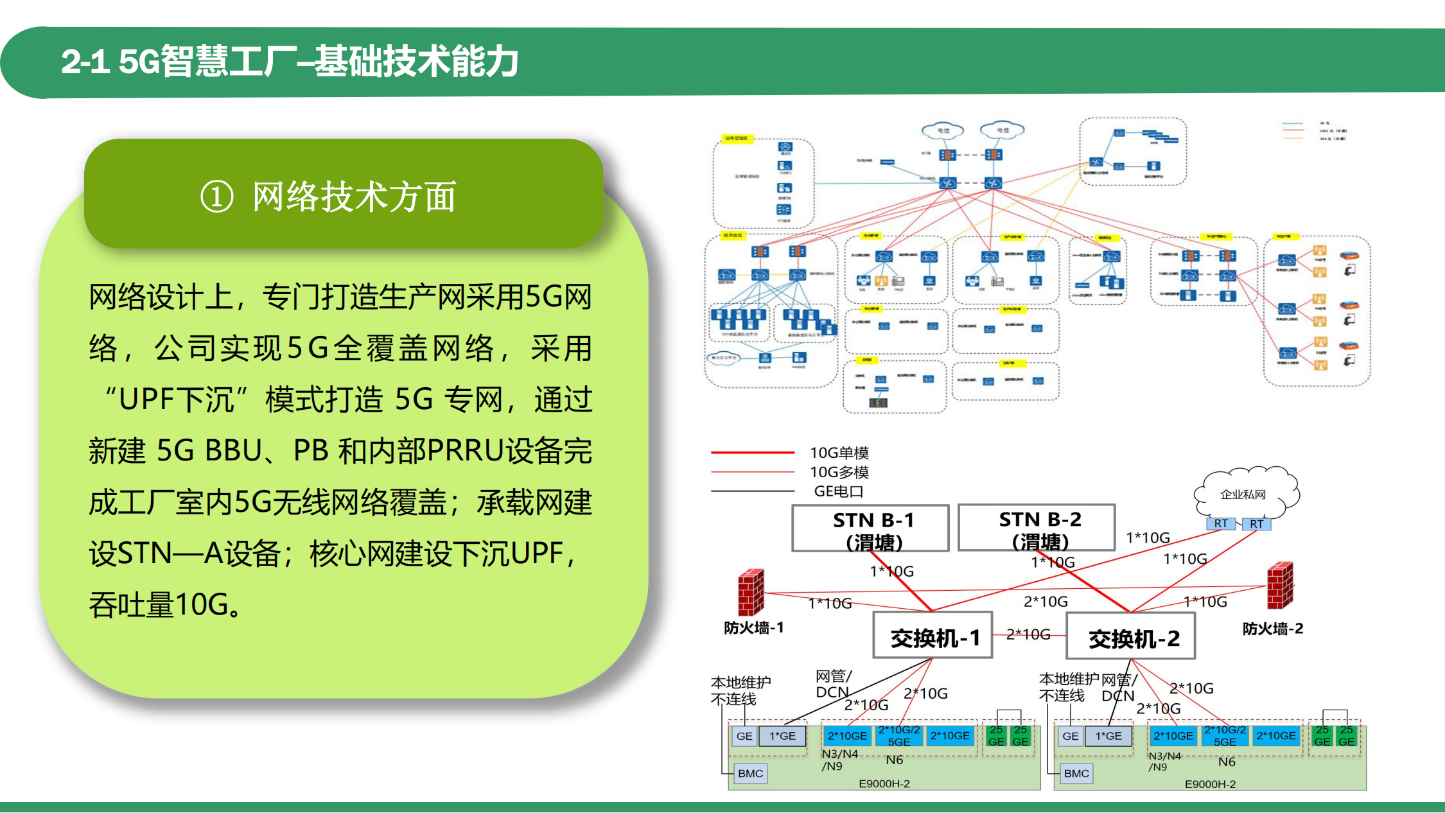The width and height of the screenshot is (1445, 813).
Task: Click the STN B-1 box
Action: point(870,528)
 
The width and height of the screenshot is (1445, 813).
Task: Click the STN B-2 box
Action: point(1037,527)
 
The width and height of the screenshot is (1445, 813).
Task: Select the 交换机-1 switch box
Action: point(933,636)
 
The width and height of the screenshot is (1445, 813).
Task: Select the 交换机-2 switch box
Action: point(1130,636)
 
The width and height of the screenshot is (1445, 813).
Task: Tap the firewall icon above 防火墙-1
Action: point(751,592)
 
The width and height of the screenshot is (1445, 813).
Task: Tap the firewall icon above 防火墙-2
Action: point(1280,586)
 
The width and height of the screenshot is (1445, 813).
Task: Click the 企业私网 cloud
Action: point(1244,493)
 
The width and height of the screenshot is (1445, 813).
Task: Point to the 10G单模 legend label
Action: point(839,453)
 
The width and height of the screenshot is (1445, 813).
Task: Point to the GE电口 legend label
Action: point(838,491)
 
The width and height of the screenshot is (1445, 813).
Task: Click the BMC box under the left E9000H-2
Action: point(750,773)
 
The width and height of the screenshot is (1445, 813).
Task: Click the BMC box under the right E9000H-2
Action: point(1076,773)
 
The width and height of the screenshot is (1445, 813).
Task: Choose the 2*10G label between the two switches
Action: point(1028,634)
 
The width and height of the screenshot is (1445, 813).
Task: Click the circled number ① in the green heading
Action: point(217,197)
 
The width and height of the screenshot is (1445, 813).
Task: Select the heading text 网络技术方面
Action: point(354,197)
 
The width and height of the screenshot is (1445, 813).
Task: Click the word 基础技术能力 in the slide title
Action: point(416,62)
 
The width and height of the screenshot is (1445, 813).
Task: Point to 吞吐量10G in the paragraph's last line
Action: point(164,604)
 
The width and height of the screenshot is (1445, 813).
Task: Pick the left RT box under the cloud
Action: point(1220,523)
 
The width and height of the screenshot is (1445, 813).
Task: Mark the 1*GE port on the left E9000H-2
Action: point(782,736)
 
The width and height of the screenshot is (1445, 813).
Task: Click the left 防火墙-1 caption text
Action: point(753,627)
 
